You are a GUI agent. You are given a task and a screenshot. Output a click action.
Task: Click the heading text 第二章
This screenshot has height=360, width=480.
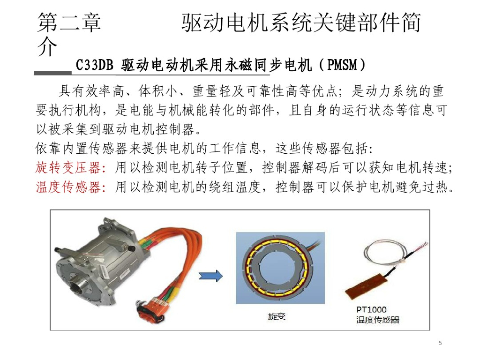[x=69, y=22]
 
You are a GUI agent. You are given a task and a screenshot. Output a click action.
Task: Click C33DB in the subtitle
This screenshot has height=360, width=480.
[x=94, y=65]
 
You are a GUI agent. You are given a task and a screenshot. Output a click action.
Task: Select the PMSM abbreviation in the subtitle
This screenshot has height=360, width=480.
[x=342, y=65]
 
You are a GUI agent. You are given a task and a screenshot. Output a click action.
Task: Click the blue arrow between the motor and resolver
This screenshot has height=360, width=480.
[x=210, y=276]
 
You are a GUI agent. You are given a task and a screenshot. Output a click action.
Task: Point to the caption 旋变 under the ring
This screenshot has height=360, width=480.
[x=277, y=316]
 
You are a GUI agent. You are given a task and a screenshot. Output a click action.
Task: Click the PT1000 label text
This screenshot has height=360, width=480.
[x=371, y=309]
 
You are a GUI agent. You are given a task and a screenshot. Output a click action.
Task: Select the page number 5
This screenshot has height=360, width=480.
[x=440, y=343]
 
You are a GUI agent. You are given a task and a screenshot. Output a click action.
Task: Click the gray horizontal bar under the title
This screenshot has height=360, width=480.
[x=52, y=73]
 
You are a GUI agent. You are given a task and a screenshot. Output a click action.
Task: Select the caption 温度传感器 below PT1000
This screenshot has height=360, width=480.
[x=378, y=320]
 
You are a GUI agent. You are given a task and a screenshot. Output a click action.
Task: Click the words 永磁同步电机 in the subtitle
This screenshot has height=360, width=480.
[x=268, y=65]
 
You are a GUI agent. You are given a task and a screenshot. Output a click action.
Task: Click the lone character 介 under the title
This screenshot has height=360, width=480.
[x=47, y=47]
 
